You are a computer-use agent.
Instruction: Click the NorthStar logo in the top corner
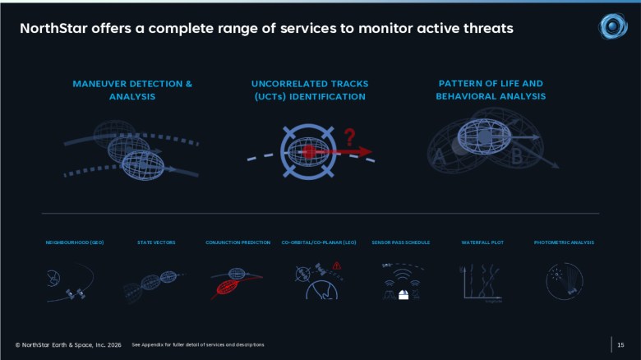click(x=612, y=26)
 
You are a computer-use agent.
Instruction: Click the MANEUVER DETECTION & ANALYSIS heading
click(x=131, y=90)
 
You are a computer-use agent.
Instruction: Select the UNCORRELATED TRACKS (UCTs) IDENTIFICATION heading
click(x=310, y=90)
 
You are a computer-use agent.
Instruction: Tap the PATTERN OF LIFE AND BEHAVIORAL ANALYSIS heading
click(x=490, y=90)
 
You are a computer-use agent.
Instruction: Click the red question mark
click(x=349, y=136)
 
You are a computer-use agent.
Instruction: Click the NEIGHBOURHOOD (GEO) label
click(x=75, y=242)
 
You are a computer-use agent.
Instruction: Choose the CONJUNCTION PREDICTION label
click(x=237, y=242)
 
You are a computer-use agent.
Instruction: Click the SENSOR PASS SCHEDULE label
click(x=400, y=242)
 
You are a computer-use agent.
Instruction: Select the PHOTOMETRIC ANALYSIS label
click(x=564, y=242)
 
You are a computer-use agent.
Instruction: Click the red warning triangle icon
click(x=336, y=265)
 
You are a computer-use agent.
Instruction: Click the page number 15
click(x=620, y=344)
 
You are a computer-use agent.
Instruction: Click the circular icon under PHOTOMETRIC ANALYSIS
click(x=563, y=281)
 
